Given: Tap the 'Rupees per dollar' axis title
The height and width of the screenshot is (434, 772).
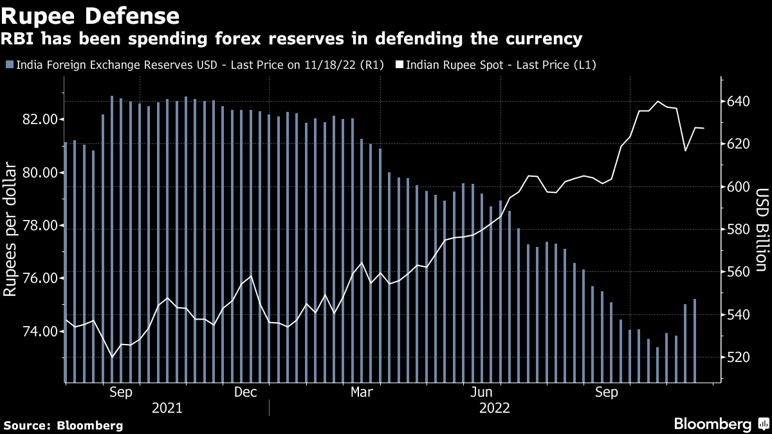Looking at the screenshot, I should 11,230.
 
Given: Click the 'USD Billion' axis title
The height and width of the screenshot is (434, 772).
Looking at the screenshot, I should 761,230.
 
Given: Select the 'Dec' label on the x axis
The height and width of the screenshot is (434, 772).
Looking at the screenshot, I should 246,392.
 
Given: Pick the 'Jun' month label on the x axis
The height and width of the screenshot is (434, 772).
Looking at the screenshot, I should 482,392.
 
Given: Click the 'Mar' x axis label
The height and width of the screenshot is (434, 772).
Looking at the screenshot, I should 362,392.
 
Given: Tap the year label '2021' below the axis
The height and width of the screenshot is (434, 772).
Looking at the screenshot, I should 167,408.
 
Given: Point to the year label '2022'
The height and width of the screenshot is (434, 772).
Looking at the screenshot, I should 495,408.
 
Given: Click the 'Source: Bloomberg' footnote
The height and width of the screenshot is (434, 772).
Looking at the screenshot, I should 63,425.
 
